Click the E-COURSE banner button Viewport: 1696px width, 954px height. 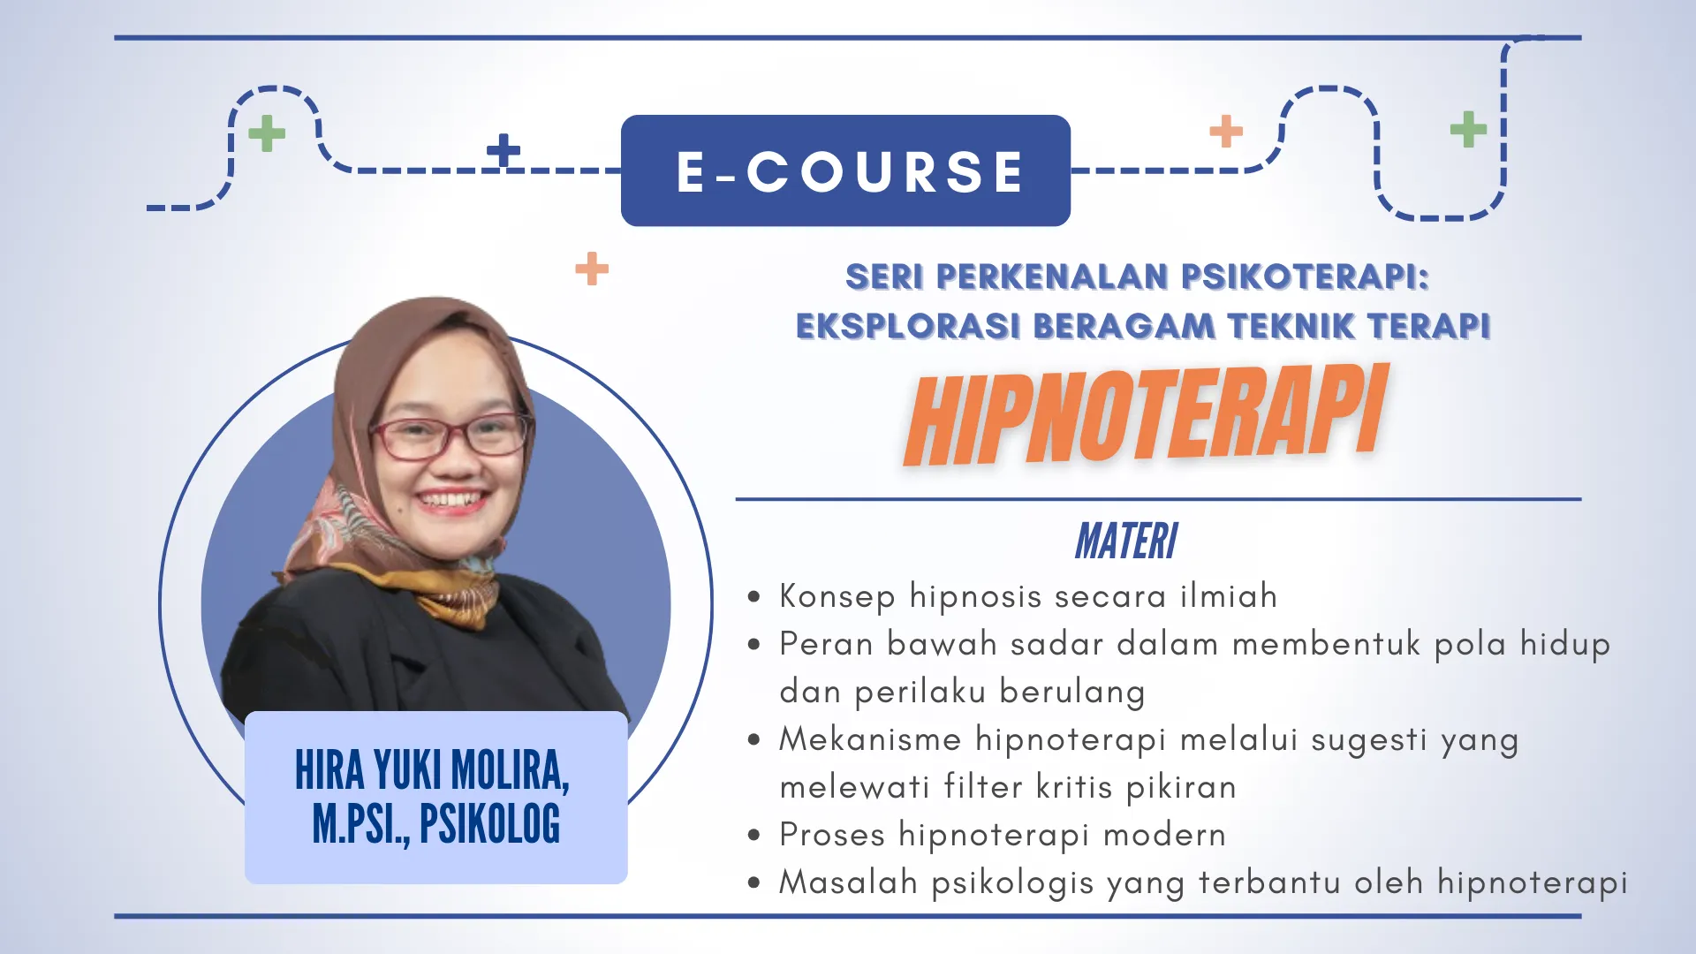845,170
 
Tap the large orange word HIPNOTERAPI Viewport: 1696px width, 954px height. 1145,415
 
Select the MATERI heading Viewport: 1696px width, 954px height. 1126,541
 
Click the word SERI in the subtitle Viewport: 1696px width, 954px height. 884,277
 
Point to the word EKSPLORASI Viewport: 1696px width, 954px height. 908,326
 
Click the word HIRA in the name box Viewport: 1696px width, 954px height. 329,770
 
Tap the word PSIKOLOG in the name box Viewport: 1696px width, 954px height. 489,824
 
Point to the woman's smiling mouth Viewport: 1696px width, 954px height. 452,502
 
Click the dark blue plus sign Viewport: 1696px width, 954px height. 503,150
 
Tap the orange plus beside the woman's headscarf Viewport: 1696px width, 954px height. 592,269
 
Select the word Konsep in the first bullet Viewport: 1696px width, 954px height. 837,597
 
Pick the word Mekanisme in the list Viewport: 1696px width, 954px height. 870,739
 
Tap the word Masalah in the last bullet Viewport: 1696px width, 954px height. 848,882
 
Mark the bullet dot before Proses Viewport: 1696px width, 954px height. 753,835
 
